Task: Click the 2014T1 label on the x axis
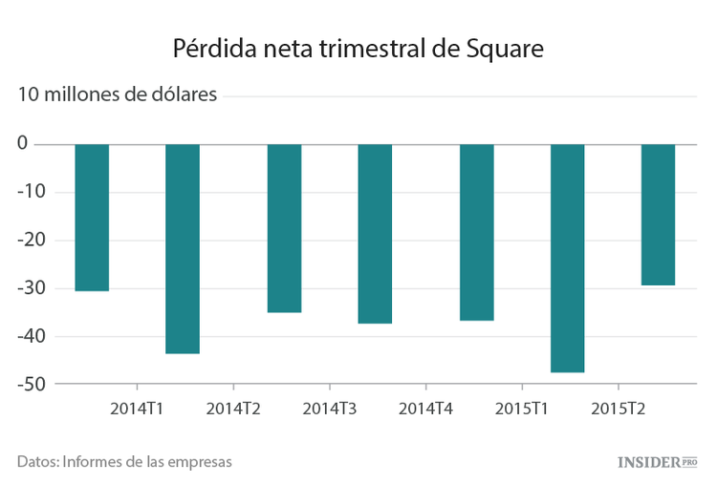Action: tap(137, 409)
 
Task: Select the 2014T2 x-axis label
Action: tap(233, 409)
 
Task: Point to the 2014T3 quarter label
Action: tap(330, 409)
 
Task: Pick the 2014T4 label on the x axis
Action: tap(425, 409)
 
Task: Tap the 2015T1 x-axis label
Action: tap(522, 409)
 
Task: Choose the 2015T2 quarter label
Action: tap(618, 409)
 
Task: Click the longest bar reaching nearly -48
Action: tap(568, 258)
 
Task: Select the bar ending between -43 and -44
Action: tap(183, 248)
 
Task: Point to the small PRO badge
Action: tap(689, 462)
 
